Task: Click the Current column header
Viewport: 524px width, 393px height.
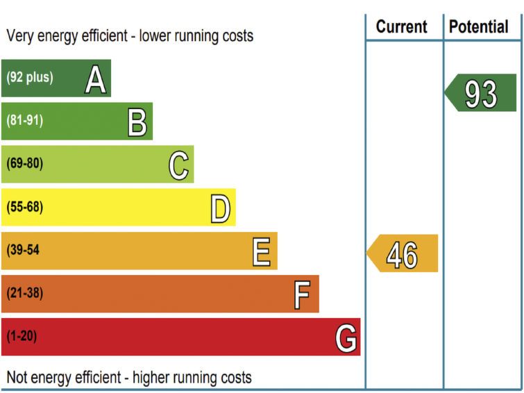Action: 401,27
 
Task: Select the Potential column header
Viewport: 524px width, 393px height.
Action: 479,27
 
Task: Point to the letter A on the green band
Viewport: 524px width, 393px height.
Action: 96,78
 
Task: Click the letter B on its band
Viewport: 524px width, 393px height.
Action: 137,122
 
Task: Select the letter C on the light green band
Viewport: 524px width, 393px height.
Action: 179,165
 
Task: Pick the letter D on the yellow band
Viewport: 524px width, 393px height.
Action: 221,208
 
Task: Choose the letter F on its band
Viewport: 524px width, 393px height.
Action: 302,294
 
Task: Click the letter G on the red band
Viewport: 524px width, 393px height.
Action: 346,337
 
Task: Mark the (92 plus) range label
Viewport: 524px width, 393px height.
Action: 29,78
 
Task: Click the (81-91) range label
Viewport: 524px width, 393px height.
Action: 24,121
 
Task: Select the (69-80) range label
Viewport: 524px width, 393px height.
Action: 24,164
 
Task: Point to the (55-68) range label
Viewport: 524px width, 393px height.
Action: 24,207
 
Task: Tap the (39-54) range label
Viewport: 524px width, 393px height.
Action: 24,250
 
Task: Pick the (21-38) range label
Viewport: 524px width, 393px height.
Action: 24,293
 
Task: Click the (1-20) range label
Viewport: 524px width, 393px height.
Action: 22,336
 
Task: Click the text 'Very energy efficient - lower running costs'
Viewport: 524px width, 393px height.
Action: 130,35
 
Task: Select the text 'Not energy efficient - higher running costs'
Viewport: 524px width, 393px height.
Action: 129,378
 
